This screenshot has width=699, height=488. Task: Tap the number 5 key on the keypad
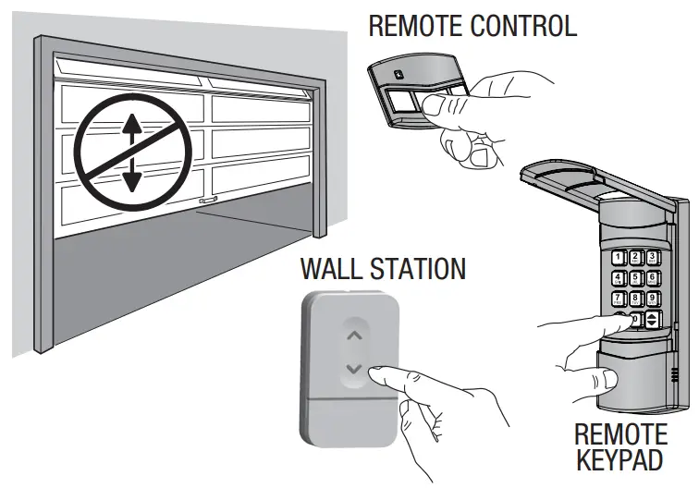point(636,279)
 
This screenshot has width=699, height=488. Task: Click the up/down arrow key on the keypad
point(654,320)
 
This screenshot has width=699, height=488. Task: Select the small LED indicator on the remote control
point(397,76)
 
